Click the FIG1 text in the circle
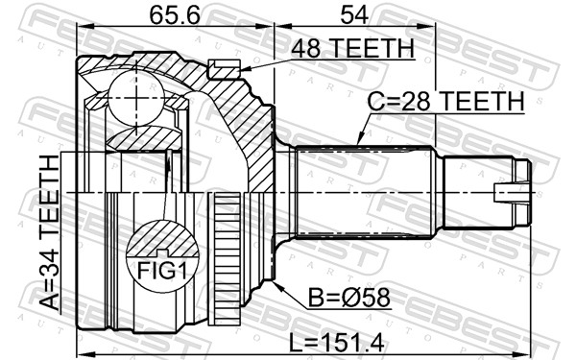161,272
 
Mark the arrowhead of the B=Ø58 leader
275,280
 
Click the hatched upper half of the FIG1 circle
161,240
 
